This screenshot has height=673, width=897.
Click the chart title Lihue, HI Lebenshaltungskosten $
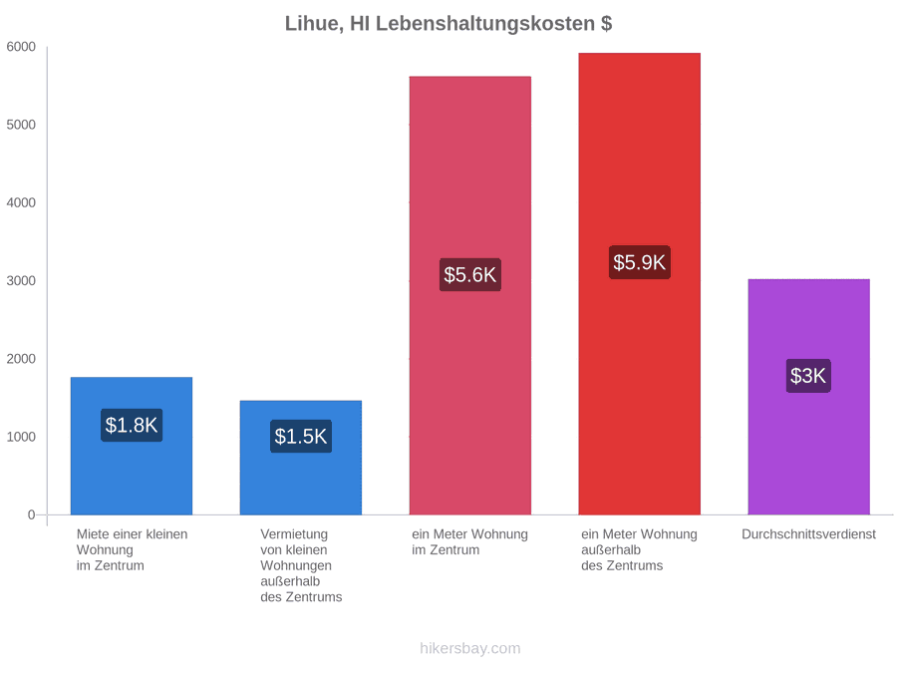448,24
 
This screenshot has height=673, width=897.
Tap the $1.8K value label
132,425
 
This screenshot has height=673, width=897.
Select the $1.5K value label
301,437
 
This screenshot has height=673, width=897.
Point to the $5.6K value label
470,275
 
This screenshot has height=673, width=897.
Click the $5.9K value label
640,262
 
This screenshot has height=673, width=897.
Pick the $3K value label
808,376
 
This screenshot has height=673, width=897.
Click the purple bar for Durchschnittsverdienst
809,397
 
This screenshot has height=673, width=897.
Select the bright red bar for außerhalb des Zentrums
640,284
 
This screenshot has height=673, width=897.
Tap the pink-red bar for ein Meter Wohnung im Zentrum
470,295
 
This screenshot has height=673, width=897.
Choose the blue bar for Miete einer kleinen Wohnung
132,446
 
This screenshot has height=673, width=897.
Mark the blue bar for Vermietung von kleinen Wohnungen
301,458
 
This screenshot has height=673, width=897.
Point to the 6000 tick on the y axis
21,47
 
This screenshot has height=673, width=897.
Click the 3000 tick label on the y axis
21,281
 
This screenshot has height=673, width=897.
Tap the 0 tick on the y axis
32,515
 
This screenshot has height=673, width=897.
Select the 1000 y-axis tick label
21,438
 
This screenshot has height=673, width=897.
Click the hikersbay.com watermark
470,648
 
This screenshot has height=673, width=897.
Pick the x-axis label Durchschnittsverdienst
809,534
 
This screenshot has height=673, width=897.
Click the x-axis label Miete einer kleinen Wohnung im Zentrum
133,550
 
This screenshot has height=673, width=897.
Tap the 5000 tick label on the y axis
21,125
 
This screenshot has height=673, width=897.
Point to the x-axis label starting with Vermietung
301,565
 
